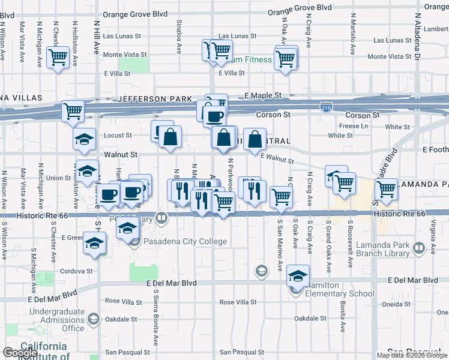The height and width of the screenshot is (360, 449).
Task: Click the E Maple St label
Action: click(263, 96)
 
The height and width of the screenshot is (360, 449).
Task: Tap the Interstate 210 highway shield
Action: click(325, 107)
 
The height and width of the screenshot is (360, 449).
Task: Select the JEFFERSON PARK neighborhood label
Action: click(155, 99)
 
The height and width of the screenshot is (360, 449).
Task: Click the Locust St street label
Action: click(118, 136)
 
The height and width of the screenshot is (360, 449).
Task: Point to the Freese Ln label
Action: click(354, 126)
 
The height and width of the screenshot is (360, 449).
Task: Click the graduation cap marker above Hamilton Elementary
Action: click(298, 275)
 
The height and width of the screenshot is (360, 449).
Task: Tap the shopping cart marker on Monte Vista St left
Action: click(58, 58)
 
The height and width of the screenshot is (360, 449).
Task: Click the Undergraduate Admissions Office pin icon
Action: click(94, 318)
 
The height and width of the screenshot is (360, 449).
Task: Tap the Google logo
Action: click(20, 353)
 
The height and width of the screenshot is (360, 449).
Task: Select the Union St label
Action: click(59, 178)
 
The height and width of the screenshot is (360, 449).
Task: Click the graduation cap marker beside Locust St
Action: click(84, 139)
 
